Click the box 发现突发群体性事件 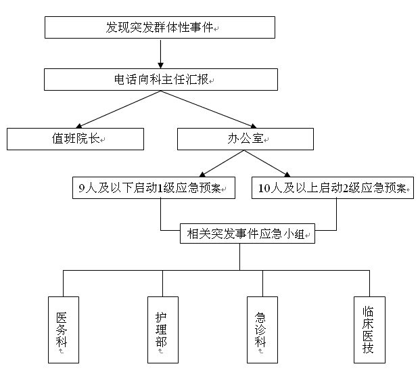160,27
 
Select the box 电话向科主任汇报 161,80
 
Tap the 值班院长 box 75,139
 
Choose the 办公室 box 245,139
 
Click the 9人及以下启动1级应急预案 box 154,188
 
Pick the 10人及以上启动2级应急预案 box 331,188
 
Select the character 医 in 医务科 62,317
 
